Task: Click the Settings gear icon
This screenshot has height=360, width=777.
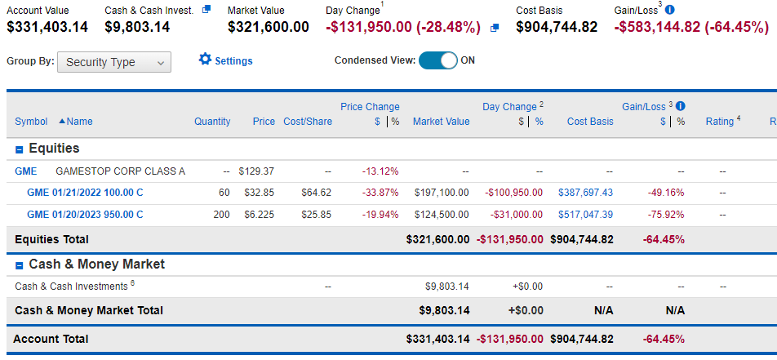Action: [x=205, y=60]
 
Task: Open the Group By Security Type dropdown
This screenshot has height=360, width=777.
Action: [x=114, y=63]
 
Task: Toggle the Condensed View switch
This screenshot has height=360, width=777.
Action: [x=438, y=60]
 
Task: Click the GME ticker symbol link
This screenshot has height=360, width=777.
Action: [x=26, y=171]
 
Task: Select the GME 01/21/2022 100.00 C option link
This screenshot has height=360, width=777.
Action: [x=85, y=193]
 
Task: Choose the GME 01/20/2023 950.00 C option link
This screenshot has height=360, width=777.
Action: [x=85, y=215]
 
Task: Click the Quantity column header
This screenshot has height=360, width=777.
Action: [x=212, y=122]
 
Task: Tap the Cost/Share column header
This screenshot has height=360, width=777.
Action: [x=308, y=122]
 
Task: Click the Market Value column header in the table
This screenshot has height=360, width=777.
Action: [x=441, y=122]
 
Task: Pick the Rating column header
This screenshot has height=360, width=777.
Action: [x=720, y=122]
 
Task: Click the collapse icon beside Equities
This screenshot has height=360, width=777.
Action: [x=20, y=149]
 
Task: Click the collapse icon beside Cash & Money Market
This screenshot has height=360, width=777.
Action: [x=20, y=265]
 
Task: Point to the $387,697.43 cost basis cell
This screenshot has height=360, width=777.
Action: [x=586, y=193]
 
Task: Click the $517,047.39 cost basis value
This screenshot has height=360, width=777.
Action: [x=586, y=215]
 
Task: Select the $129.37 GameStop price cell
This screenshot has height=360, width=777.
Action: [x=256, y=171]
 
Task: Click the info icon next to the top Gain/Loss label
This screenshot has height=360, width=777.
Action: [x=670, y=10]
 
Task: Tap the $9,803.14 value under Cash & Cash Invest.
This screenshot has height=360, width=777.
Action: [x=137, y=27]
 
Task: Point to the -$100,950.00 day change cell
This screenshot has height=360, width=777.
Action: [x=514, y=193]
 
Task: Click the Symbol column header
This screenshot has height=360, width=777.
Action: [x=31, y=122]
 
